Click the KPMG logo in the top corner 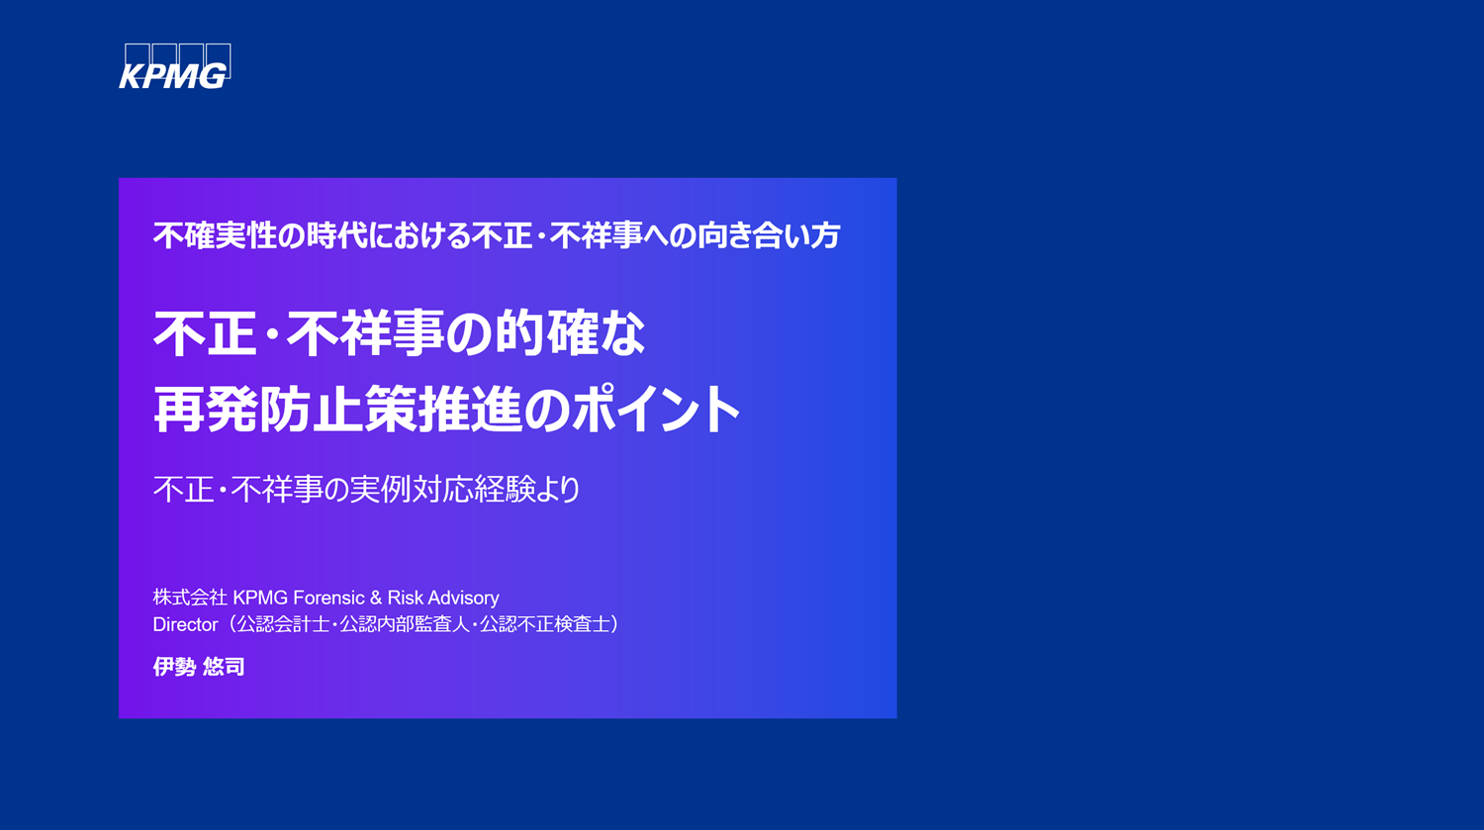(x=174, y=67)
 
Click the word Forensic (x=328, y=598)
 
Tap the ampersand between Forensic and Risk (x=376, y=598)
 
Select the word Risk (x=406, y=598)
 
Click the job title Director (x=185, y=625)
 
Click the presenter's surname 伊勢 (x=174, y=667)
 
